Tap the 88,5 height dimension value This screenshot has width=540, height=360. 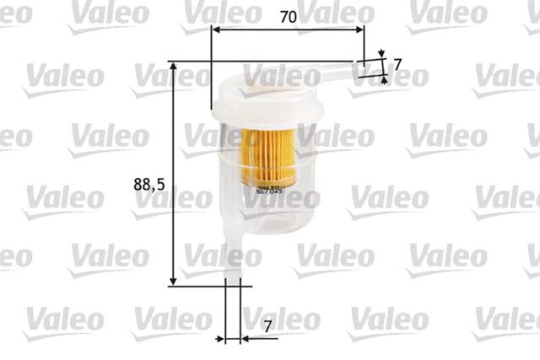[x=148, y=184]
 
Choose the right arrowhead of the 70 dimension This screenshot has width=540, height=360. [x=360, y=29]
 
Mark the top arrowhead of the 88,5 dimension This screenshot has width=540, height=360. [x=174, y=66]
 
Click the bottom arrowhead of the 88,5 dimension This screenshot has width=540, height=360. [x=174, y=281]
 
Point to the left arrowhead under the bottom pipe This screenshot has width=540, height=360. [x=222, y=338]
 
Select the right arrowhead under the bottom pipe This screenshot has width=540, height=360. [x=245, y=338]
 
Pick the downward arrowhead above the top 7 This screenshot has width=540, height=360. [x=381, y=56]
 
